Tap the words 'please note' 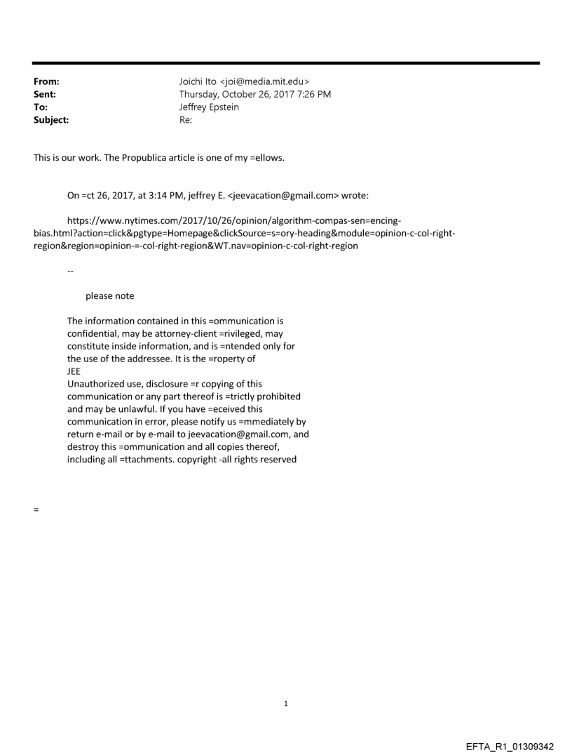click(110, 295)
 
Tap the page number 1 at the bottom click(285, 703)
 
